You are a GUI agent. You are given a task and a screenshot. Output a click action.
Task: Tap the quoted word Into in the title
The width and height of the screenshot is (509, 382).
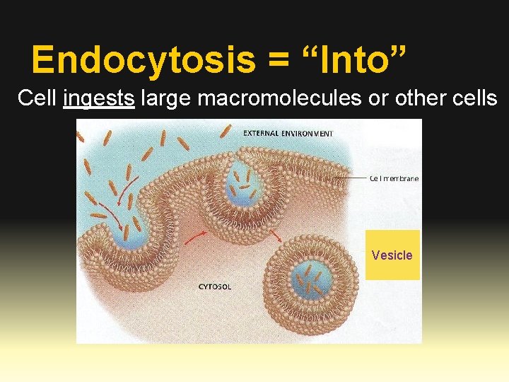(x=353, y=59)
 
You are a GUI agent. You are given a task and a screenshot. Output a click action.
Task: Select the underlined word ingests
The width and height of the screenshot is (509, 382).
(x=98, y=99)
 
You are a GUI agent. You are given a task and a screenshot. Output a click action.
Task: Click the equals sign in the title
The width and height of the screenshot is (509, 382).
(x=279, y=61)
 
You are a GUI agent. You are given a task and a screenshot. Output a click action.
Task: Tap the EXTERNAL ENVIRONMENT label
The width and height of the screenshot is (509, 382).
(x=288, y=132)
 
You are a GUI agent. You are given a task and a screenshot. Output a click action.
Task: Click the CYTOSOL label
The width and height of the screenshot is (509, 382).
(x=214, y=286)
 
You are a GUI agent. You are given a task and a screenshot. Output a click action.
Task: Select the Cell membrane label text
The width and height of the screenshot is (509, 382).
(x=394, y=178)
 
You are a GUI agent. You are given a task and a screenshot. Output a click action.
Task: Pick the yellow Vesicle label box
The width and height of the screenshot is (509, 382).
(x=392, y=255)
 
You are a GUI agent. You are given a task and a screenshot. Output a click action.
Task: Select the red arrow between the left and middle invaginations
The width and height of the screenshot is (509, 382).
(x=195, y=237)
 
